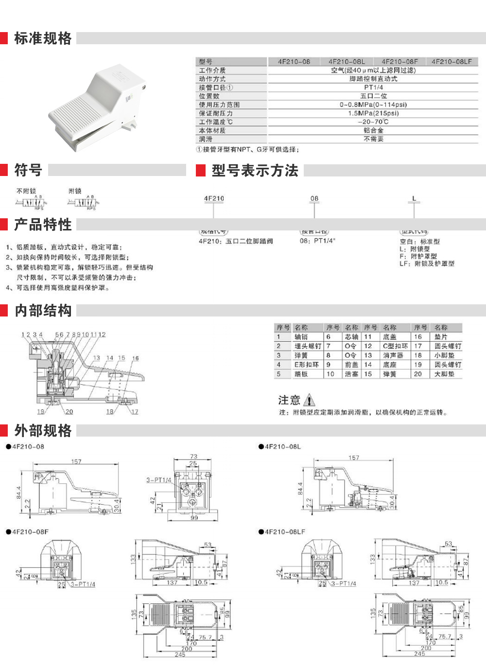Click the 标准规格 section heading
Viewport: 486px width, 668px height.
click(x=43, y=38)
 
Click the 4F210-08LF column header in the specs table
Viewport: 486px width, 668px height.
click(x=451, y=62)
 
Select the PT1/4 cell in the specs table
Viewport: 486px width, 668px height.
click(x=373, y=88)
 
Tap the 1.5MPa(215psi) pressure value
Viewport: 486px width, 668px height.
click(x=373, y=113)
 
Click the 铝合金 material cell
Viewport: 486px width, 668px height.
click(x=373, y=131)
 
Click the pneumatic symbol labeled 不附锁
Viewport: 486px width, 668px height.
click(x=32, y=202)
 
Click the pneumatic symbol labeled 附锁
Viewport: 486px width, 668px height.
click(x=86, y=202)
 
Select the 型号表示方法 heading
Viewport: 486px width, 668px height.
click(x=255, y=171)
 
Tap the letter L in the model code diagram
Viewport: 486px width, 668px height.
click(x=414, y=199)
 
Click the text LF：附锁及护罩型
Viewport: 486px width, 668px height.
click(x=427, y=264)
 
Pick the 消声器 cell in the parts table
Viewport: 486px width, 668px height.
click(x=393, y=355)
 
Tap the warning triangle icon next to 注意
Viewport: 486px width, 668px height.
click(x=309, y=400)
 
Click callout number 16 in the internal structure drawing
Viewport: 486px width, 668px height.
click(x=135, y=358)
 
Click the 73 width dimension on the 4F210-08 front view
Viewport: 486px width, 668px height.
click(x=193, y=457)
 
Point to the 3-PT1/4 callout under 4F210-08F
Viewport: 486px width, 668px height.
click(x=83, y=584)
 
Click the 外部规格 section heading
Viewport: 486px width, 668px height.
click(x=43, y=431)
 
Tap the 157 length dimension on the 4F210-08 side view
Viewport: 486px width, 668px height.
click(x=76, y=461)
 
